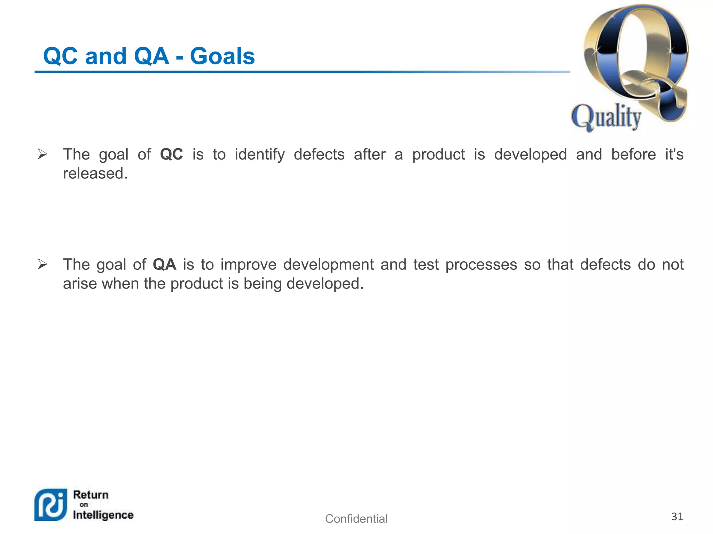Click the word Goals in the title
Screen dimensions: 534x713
click(222, 56)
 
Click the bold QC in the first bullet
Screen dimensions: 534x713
click(171, 154)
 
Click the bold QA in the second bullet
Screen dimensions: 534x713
click(164, 265)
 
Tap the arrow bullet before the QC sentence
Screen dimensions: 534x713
click(42, 154)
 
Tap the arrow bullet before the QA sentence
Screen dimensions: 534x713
click(42, 265)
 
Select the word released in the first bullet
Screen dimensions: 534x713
click(95, 173)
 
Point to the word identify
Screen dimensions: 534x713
click(259, 154)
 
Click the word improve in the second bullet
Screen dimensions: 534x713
click(248, 265)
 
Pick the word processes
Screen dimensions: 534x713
click(481, 265)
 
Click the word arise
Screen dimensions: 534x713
click(80, 284)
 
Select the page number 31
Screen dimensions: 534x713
click(677, 517)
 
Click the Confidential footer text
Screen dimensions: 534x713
click(356, 519)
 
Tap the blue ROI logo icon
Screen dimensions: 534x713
click(51, 505)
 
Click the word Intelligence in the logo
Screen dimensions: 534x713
click(103, 515)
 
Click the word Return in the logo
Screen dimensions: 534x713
click(91, 495)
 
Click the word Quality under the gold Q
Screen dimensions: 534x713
click(606, 117)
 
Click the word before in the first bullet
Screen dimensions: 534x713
click(633, 154)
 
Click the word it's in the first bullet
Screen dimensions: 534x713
click(674, 154)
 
